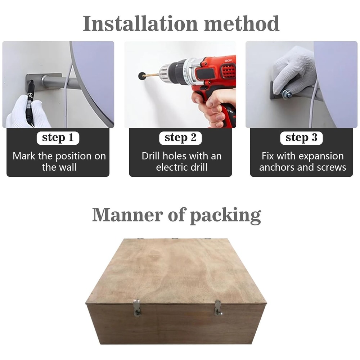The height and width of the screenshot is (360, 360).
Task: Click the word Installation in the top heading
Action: [x=140, y=23]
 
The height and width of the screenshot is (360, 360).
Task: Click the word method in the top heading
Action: [x=242, y=23]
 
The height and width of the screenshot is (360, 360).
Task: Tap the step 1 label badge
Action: [x=58, y=138]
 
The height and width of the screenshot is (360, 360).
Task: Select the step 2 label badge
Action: [x=180, y=138]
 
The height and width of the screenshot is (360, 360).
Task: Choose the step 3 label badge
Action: [x=301, y=138]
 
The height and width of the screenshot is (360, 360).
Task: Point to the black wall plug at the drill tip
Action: [x=142, y=76]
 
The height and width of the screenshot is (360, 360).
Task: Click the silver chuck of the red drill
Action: [x=165, y=73]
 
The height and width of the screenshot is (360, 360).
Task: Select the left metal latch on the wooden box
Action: [x=137, y=308]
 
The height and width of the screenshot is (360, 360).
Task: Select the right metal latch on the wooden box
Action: [x=218, y=308]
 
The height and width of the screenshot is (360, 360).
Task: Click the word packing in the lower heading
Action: [x=226, y=215]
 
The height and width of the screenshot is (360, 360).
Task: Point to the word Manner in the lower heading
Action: [x=128, y=215]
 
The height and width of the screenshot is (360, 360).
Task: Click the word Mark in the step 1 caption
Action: [x=24, y=156]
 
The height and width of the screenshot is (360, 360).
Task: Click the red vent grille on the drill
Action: [x=228, y=71]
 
